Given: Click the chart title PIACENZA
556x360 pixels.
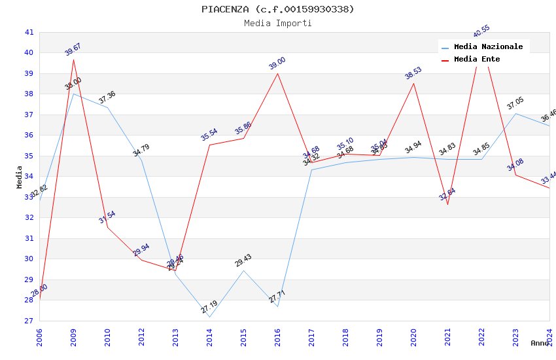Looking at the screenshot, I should click(278, 9).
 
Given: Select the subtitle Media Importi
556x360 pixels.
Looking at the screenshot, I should click(278, 23).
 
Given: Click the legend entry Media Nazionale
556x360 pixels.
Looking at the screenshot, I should click(488, 47).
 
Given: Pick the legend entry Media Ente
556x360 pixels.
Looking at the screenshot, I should click(477, 60).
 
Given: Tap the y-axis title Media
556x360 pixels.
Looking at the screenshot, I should click(20, 177).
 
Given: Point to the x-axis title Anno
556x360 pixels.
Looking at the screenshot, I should click(540, 343).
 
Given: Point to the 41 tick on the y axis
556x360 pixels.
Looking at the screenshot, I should click(29, 32).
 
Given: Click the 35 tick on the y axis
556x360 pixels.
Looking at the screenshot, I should click(29, 156).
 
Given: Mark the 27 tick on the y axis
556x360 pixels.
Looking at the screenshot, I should click(29, 321).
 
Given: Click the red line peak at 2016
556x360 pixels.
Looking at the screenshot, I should click(277, 73).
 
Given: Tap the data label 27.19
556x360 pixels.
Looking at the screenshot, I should click(209, 308).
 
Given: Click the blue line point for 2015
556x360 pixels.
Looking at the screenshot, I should click(243, 271).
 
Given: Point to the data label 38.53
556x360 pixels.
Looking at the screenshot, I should click(413, 73).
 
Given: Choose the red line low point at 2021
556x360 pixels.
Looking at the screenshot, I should click(447, 204).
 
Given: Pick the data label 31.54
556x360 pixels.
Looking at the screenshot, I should click(107, 217).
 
